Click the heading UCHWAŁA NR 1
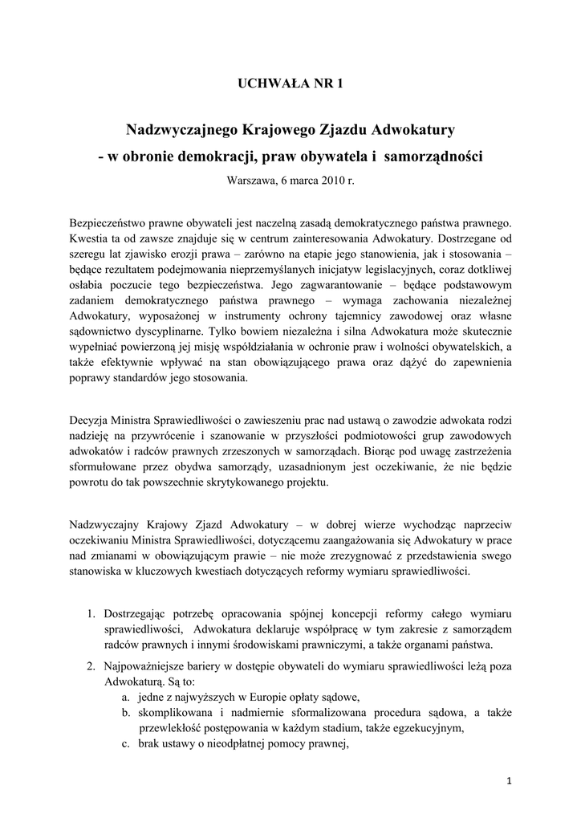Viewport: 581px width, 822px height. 290,83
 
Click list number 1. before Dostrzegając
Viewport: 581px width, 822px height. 91,615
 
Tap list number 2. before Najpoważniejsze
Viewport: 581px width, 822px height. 91,667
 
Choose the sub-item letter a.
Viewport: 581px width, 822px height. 116,697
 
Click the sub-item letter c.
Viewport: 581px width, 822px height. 116,743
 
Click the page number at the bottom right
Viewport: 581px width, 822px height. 510,781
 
